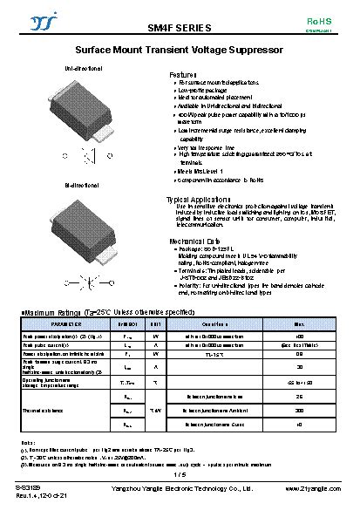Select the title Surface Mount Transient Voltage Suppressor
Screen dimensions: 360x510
179,51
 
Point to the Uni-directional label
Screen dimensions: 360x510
83,67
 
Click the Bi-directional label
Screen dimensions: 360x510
81,186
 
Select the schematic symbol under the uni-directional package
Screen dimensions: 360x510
88,157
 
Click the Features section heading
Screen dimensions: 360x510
184,76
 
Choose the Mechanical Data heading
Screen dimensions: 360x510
194,240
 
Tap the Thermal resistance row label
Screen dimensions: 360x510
43,410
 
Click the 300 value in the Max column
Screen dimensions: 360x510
301,409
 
